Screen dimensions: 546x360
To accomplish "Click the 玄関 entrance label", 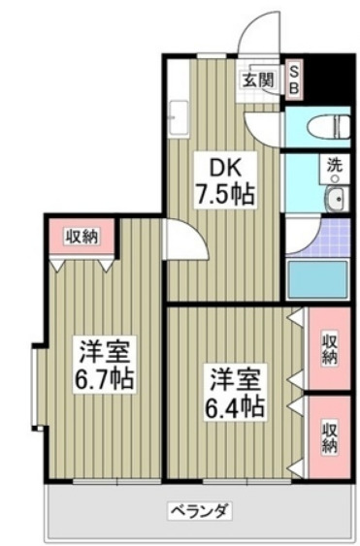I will click(x=257, y=80).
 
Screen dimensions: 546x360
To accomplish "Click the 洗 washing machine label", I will click(x=335, y=165).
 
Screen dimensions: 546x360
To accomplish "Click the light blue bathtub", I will click(x=318, y=278).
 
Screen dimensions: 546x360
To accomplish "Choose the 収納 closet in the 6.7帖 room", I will click(x=82, y=236).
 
